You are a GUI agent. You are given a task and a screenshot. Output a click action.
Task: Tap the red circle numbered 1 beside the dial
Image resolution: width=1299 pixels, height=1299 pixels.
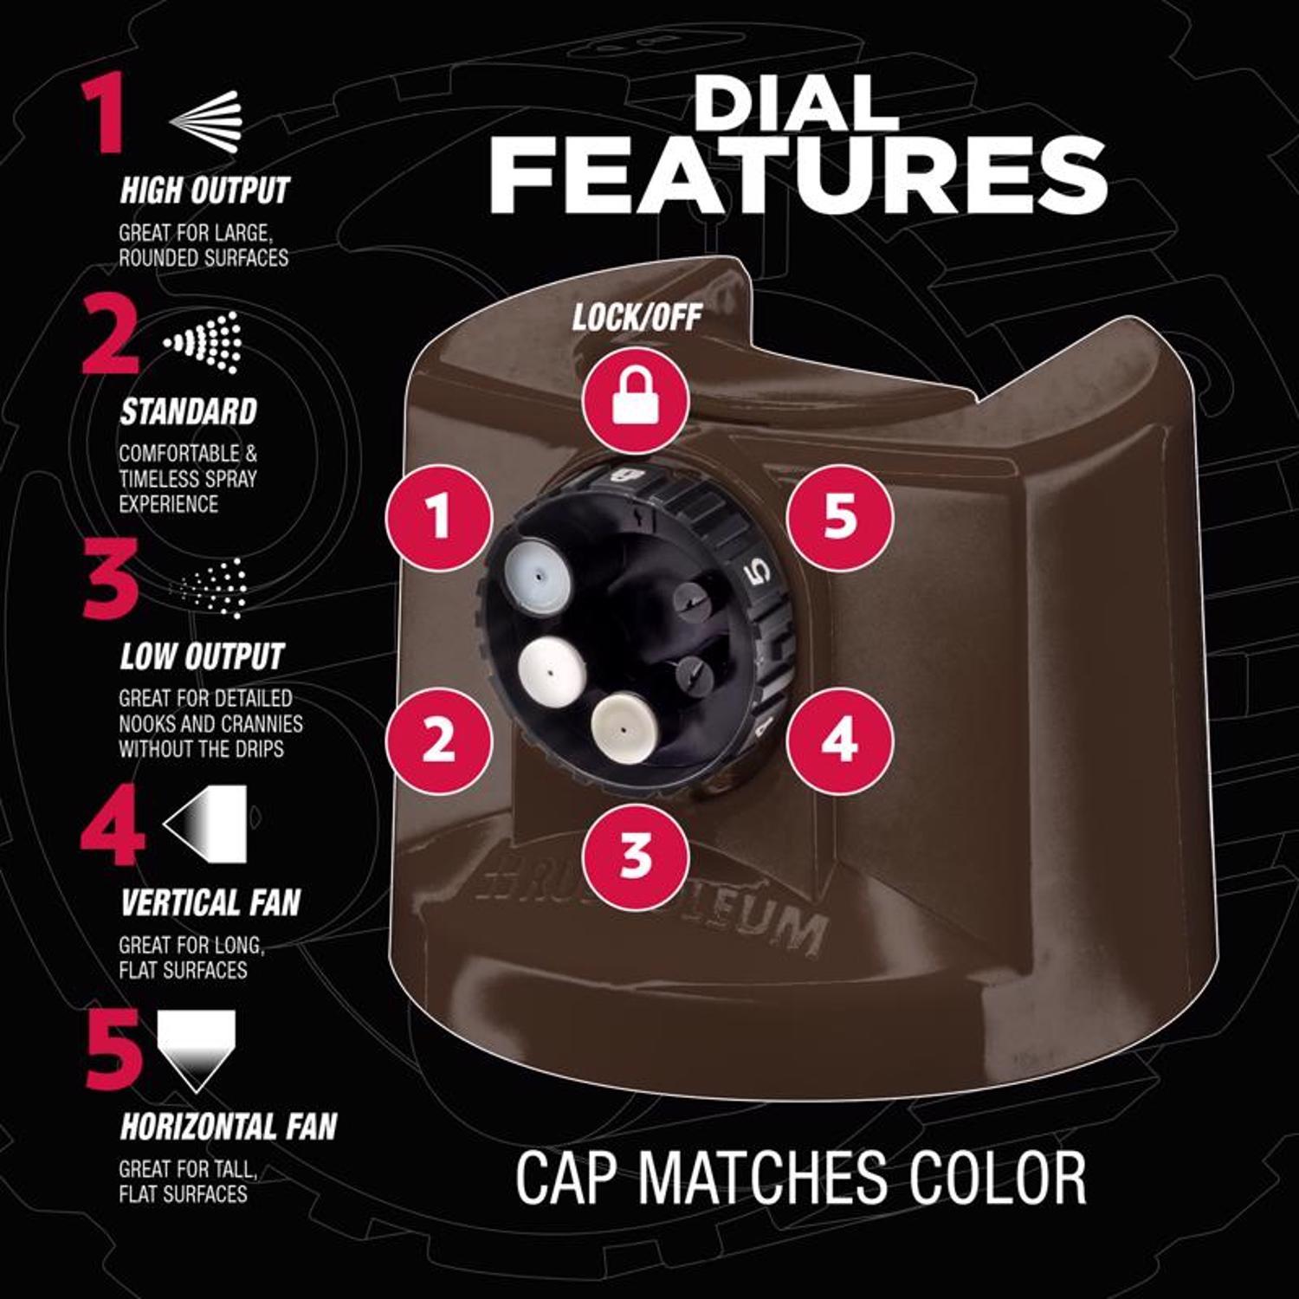click(x=440, y=517)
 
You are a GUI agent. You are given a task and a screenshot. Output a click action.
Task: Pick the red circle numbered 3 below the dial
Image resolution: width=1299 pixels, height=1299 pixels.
click(x=637, y=856)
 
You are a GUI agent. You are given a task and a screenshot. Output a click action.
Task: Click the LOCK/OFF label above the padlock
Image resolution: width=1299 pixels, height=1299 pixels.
click(x=637, y=319)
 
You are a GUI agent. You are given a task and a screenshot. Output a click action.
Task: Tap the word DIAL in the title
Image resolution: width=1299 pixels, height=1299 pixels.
click(x=795, y=104)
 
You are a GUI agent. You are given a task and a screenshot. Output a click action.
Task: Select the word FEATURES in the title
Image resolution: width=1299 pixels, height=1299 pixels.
click(x=798, y=178)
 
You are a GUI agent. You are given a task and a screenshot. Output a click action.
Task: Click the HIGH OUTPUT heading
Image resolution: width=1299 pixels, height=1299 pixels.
click(x=204, y=190)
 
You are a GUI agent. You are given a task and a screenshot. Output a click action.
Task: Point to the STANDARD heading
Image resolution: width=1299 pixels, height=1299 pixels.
click(x=189, y=411)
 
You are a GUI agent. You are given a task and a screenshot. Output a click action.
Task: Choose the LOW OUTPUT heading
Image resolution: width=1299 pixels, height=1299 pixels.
click(x=202, y=656)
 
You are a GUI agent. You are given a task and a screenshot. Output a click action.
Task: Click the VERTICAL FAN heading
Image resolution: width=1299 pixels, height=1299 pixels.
click(x=210, y=902)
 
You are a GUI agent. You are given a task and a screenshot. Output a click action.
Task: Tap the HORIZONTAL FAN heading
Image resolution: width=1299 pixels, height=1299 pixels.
click(x=229, y=1126)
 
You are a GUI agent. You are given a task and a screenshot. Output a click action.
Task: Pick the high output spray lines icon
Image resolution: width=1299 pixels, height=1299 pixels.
click(x=205, y=120)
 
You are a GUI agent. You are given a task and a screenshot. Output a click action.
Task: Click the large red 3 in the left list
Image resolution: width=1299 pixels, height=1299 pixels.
click(x=110, y=578)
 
